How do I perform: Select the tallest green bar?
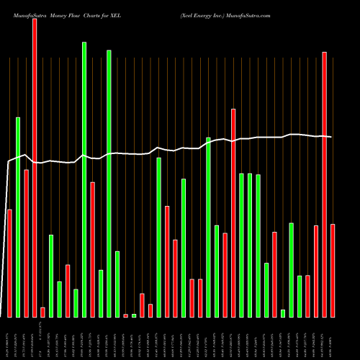tap(84, 179)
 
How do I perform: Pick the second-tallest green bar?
tap(109, 184)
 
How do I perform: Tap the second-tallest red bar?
tap(324, 184)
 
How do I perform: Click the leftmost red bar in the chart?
tap(9, 263)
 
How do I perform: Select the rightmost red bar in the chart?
tap(333, 271)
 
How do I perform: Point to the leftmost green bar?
tap(18, 217)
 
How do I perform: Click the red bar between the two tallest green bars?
tap(93, 249)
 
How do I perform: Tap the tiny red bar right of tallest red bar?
tap(42, 312)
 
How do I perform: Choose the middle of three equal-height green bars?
tap(250, 245)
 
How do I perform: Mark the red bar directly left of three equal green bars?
tap(233, 212)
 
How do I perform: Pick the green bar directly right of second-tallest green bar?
tap(117, 284)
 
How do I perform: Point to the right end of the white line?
tap(331, 137)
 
